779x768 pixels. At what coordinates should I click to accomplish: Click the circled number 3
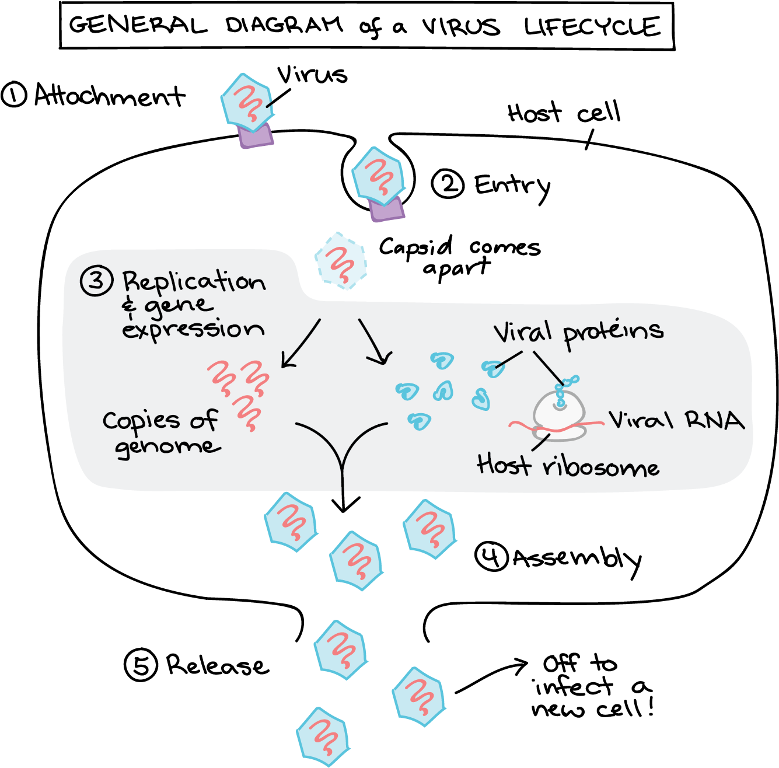point(96,281)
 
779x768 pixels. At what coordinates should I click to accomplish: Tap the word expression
point(193,330)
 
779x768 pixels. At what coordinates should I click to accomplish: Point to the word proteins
point(613,333)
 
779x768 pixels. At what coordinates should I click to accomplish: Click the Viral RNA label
point(676,420)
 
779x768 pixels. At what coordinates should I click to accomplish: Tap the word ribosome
point(601,467)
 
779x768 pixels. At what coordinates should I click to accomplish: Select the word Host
point(504,465)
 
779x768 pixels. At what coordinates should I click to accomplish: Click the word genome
point(167,448)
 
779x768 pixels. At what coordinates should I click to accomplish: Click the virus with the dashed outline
point(341,261)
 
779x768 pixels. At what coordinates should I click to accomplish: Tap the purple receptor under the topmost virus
point(256,136)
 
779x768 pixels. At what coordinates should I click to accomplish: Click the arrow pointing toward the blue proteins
point(375,342)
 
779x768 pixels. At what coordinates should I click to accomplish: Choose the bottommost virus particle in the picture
point(323,736)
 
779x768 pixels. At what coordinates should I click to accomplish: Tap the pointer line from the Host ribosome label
point(541,442)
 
